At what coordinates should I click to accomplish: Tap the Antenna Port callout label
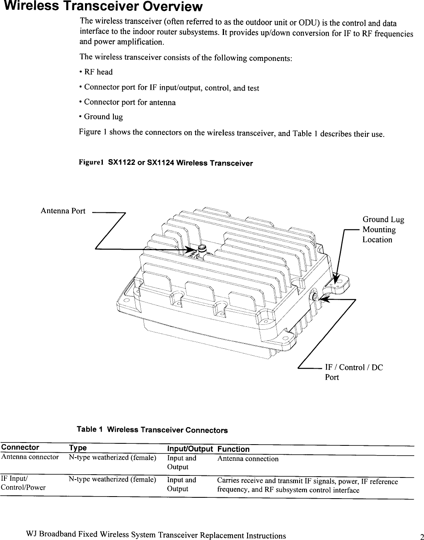pos(63,211)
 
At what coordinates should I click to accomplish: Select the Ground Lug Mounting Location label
pos(383,229)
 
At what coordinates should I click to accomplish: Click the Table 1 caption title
pos(152,430)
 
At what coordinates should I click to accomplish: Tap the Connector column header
pos(20,447)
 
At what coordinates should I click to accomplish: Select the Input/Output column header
pos(190,449)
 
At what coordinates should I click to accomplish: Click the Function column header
pos(233,449)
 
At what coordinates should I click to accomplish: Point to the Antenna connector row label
pos(30,457)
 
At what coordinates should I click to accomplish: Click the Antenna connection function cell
pos(248,459)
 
